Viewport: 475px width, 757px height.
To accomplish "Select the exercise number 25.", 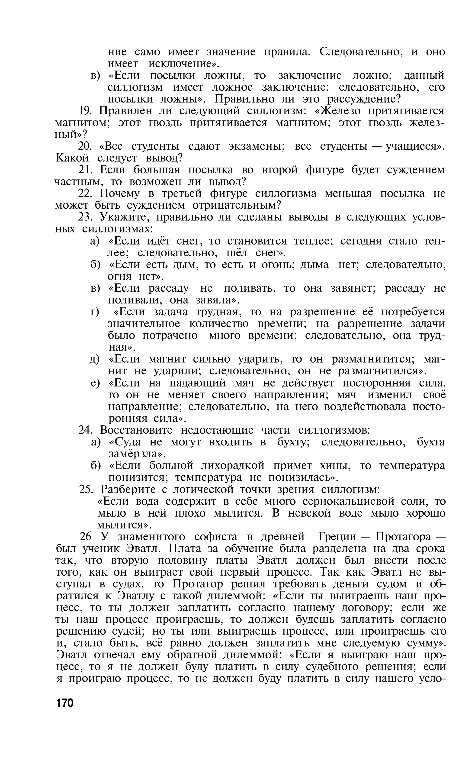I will point(86,489).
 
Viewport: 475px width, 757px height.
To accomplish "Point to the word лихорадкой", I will point(233,465).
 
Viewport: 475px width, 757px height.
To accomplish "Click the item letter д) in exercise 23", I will point(95,359).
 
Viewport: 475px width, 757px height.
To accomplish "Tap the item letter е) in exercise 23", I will point(95,383).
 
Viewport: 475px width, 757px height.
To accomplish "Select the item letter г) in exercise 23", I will point(95,312).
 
